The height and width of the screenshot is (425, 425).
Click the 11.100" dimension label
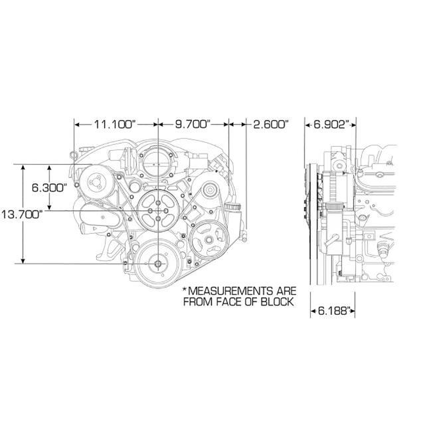click(x=115, y=124)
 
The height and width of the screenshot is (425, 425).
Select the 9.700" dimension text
click(x=193, y=124)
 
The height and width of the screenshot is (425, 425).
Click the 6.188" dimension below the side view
click(x=333, y=310)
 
